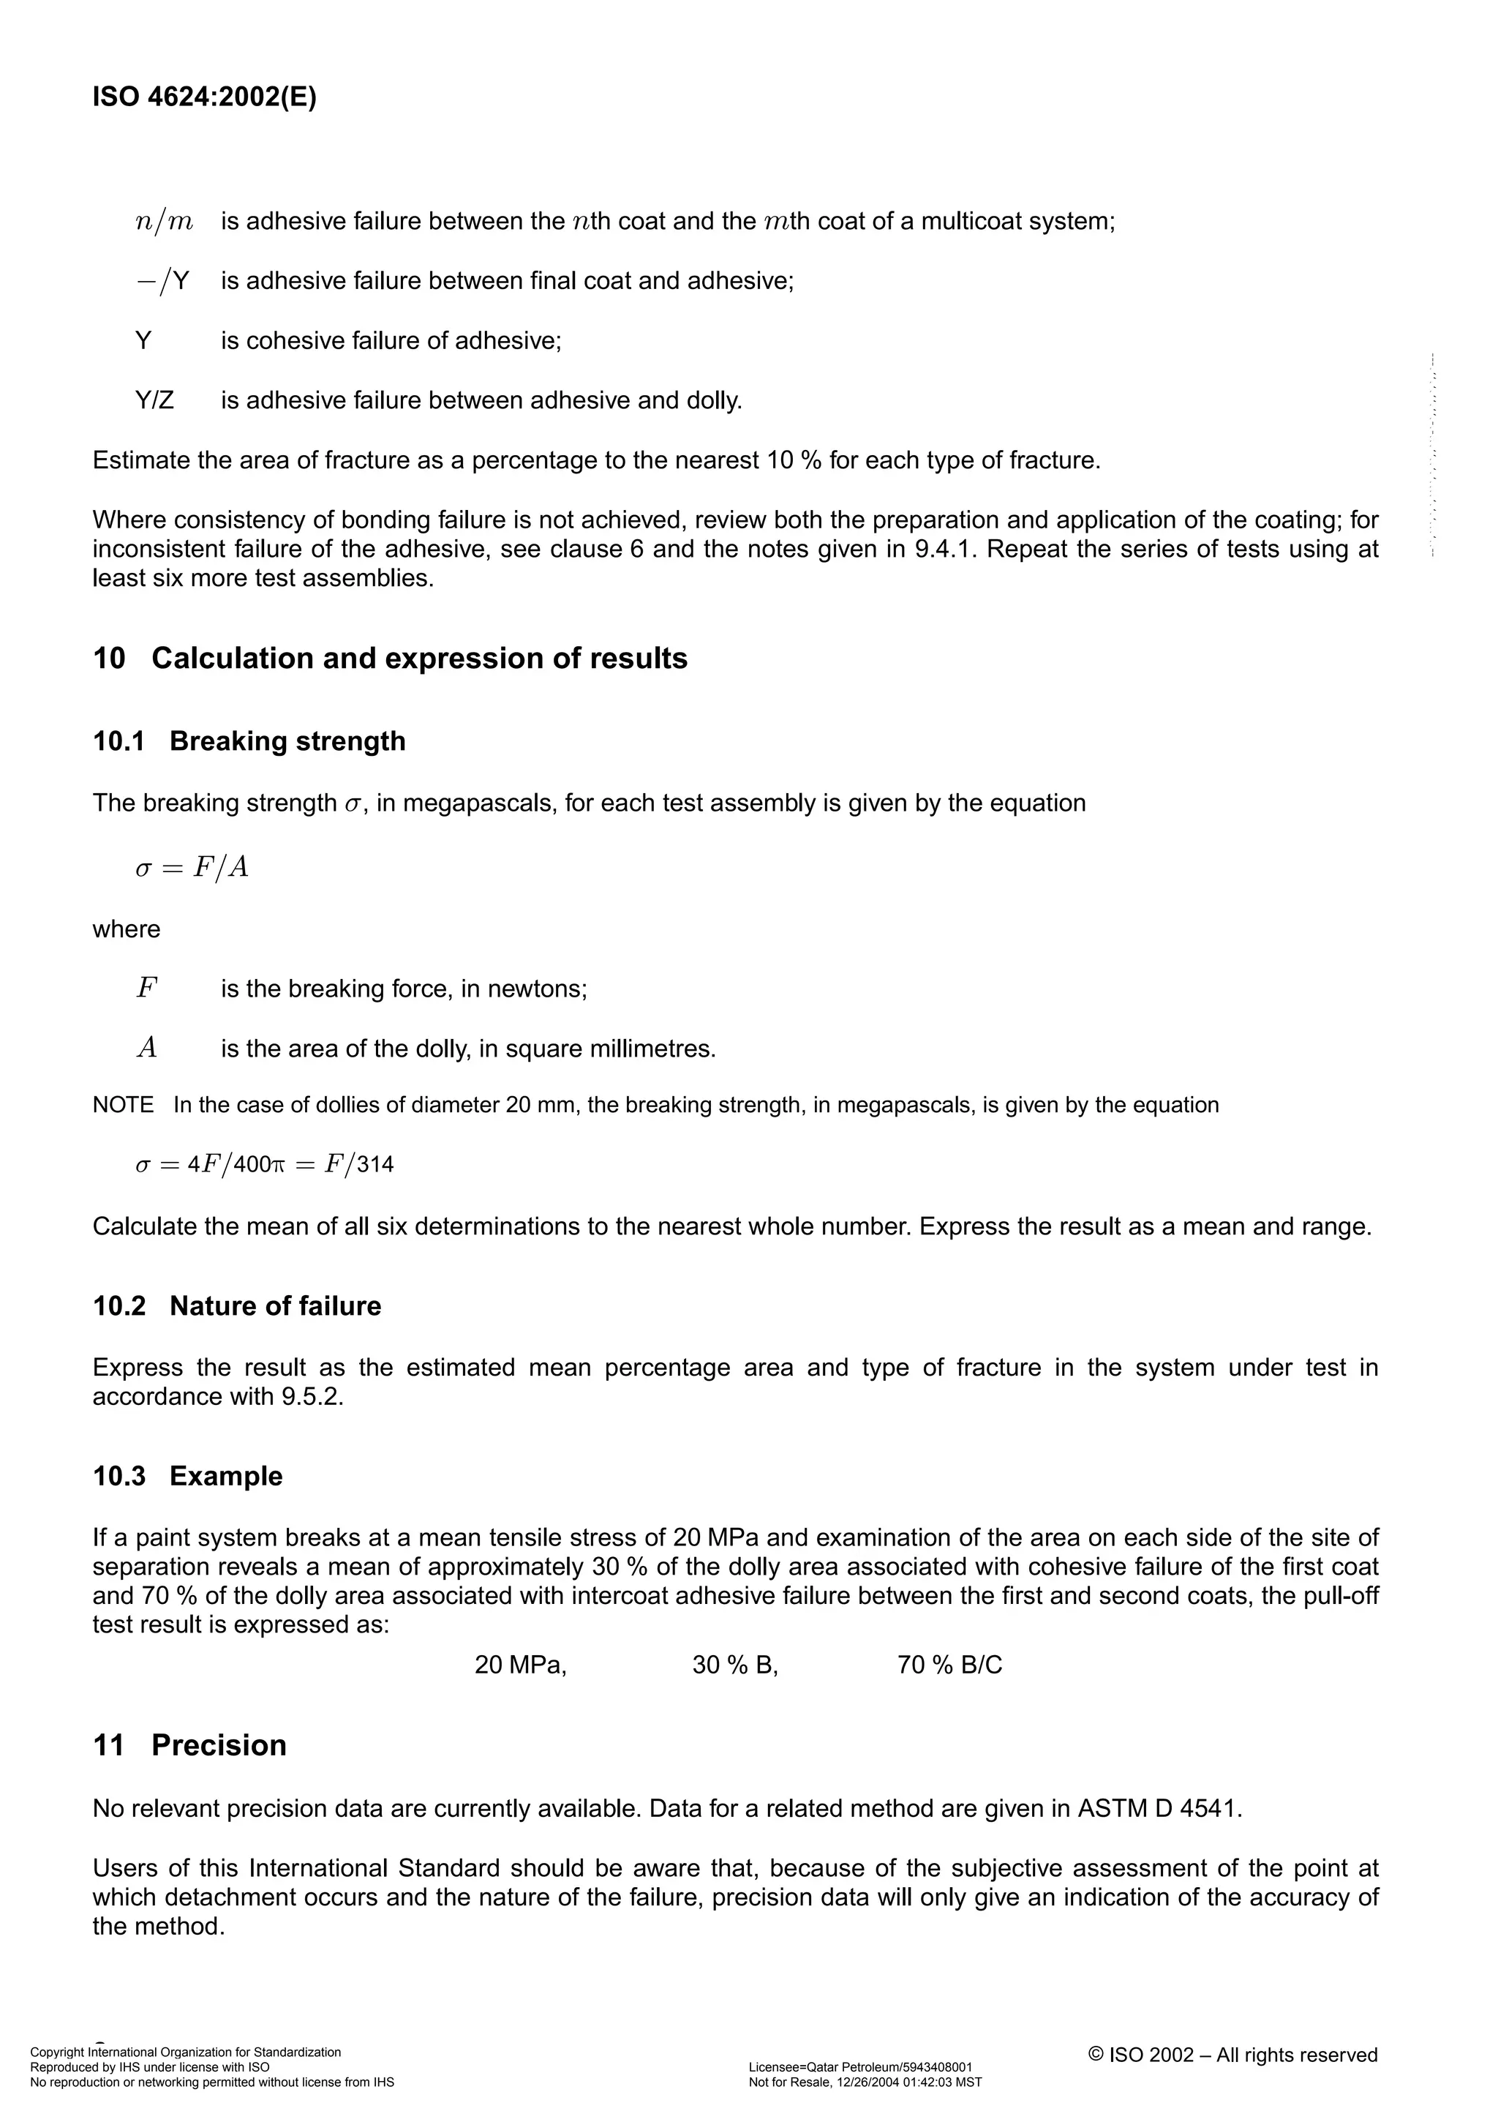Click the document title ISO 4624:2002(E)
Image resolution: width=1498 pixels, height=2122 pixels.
point(204,98)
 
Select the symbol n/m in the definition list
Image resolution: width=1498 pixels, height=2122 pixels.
point(164,222)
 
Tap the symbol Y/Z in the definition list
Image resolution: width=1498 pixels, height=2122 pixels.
point(154,401)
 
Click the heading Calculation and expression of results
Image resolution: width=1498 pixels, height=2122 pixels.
point(418,659)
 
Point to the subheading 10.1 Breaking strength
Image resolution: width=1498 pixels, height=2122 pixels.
point(249,741)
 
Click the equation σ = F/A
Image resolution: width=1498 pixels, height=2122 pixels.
point(192,868)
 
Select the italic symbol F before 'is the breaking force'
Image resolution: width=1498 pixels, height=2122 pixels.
point(146,989)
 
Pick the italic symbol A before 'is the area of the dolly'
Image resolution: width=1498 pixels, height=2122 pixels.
point(146,1048)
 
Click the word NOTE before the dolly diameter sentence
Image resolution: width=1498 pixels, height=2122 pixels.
point(123,1106)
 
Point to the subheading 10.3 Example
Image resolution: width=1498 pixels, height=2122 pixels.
point(187,1476)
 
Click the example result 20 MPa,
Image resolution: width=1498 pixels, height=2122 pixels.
point(520,1665)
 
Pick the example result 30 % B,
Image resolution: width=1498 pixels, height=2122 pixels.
point(734,1665)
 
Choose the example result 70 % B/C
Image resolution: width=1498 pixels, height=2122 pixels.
point(949,1665)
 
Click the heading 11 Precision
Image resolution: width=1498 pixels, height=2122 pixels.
point(189,1746)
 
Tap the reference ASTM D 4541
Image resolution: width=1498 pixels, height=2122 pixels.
point(1159,1808)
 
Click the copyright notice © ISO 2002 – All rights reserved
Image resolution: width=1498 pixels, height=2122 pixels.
point(1232,2055)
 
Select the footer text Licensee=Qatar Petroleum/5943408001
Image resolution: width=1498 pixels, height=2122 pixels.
point(859,2067)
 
